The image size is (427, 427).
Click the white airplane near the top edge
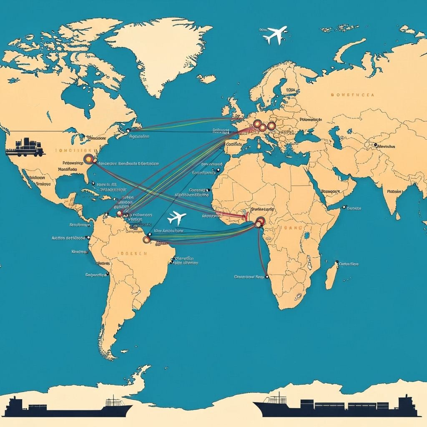tap(275, 35)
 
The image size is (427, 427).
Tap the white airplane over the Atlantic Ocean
tap(176, 218)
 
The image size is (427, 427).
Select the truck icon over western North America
tap(25, 147)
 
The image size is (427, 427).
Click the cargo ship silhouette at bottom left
tap(67, 407)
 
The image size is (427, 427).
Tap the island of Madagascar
tap(331, 275)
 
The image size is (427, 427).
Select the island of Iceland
tap(206, 78)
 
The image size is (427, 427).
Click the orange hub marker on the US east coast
tap(89, 158)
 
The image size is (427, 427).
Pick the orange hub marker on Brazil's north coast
tap(146, 239)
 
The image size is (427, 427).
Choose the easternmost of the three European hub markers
tap(271, 126)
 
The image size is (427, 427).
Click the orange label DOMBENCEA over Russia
tap(352, 95)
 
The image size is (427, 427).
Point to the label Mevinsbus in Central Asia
tap(386, 146)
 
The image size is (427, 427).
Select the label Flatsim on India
tap(394, 192)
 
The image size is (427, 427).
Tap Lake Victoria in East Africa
tap(306, 236)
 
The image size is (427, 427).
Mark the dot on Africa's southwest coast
tap(267, 276)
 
